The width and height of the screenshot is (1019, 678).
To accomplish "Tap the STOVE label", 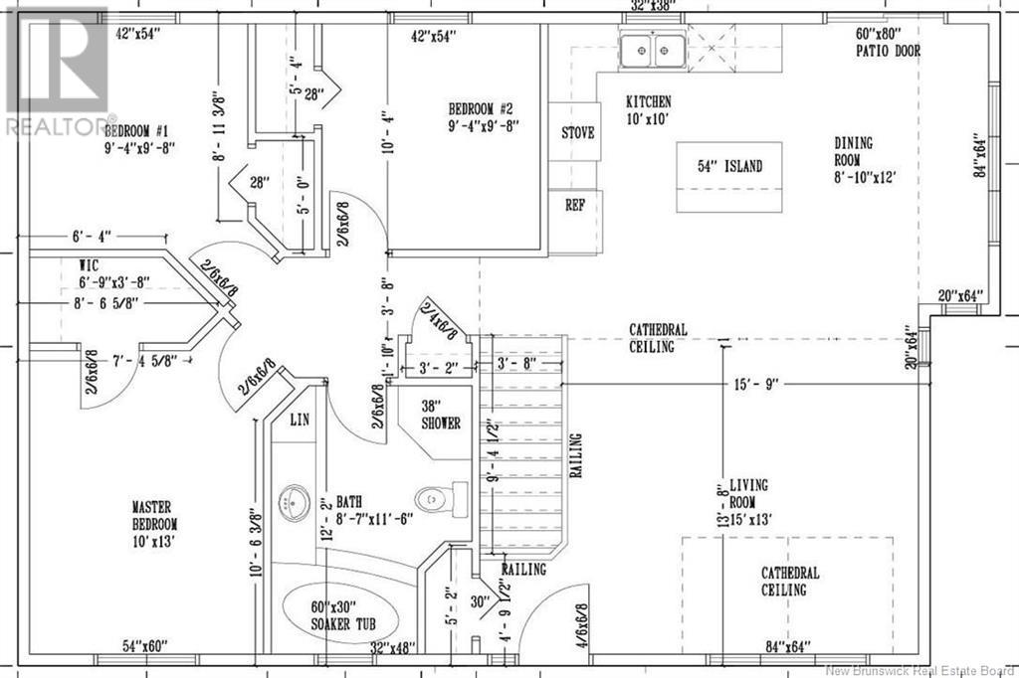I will tap(578, 132).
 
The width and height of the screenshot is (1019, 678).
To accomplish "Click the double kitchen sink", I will tap(652, 49).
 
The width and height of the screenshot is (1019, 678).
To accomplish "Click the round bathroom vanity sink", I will tap(296, 496).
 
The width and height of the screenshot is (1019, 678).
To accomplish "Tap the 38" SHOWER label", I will tap(439, 415).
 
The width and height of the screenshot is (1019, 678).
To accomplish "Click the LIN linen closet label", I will tap(300, 420).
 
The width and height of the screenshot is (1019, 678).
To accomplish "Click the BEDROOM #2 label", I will tap(481, 117).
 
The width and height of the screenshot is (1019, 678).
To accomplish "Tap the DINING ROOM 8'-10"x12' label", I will tap(865, 160).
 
